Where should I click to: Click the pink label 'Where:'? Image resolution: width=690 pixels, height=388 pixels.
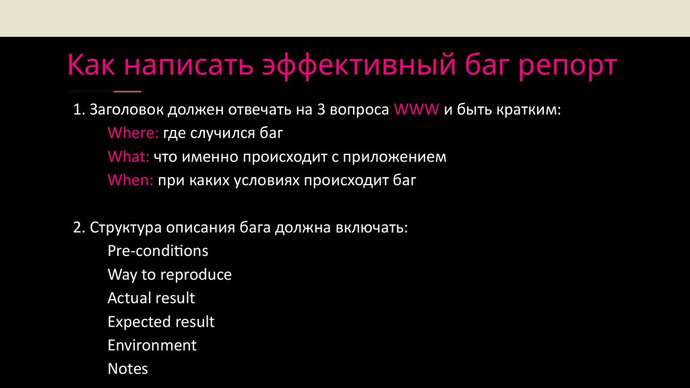coord(133,133)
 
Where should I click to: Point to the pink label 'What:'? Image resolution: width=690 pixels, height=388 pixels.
coord(128,157)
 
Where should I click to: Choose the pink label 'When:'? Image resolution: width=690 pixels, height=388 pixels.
coord(131,181)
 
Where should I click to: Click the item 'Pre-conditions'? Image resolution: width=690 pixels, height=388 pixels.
coord(158,251)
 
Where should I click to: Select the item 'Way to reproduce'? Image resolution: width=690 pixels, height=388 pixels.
coord(169,274)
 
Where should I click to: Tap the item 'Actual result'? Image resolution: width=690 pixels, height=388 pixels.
coord(151,298)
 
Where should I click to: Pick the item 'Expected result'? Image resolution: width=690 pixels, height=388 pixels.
coord(161,321)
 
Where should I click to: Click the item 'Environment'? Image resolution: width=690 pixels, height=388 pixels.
coord(152,345)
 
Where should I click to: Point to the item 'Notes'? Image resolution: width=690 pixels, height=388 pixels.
coord(127,368)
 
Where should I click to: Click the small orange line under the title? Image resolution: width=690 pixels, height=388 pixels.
coord(127,90)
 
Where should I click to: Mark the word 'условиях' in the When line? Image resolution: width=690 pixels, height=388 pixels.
coord(268,181)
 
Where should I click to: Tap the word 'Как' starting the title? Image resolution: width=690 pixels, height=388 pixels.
coord(92,67)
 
